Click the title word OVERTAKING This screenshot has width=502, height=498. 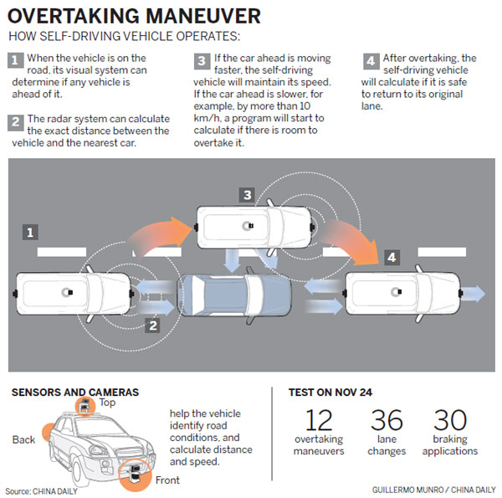79,16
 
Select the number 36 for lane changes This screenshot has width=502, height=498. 387,421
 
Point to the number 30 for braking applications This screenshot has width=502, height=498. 449,421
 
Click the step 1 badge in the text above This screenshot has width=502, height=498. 15,59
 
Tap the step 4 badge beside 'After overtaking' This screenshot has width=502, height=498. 371,59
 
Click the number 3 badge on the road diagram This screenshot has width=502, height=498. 246,195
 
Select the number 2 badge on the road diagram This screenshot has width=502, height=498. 151,325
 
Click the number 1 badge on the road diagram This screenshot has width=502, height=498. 30,231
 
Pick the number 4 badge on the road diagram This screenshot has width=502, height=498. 391,258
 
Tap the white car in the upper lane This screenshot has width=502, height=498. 254,226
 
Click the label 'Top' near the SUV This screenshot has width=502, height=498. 107,402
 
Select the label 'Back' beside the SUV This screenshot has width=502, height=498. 24,440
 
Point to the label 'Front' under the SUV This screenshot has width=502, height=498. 165,480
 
